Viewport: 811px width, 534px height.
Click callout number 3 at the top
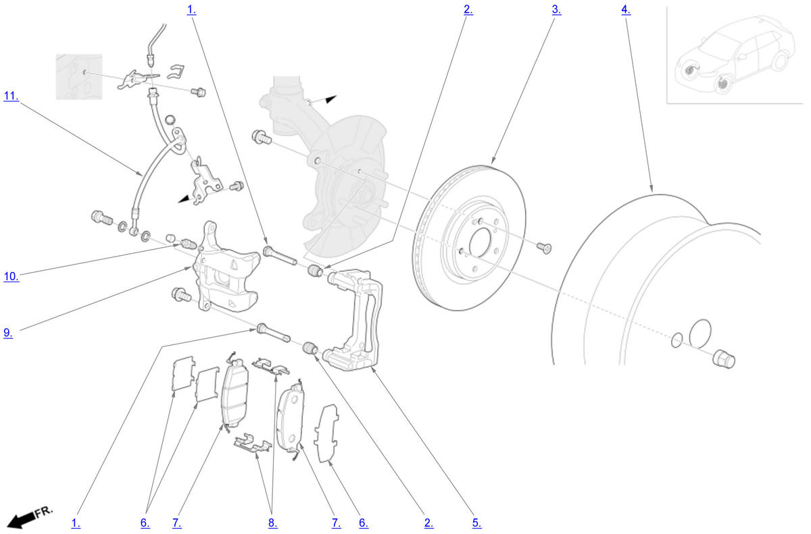click(x=556, y=9)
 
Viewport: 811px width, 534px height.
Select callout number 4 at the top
click(x=626, y=9)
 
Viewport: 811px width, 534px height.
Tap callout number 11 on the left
click(x=11, y=96)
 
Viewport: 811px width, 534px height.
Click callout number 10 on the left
click(x=11, y=277)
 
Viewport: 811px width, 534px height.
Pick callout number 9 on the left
click(x=8, y=332)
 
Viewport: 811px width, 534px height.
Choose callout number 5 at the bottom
click(x=477, y=523)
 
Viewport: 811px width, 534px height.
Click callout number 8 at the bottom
click(x=272, y=523)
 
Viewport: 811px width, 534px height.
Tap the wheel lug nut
click(x=723, y=358)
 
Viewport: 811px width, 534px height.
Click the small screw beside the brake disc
click(x=544, y=248)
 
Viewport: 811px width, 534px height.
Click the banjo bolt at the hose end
click(x=102, y=218)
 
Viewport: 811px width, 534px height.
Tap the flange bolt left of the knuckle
click(x=262, y=138)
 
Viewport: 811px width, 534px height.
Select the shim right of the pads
click(x=326, y=433)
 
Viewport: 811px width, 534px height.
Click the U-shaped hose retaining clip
click(x=176, y=72)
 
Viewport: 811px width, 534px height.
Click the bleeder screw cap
click(x=170, y=238)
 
